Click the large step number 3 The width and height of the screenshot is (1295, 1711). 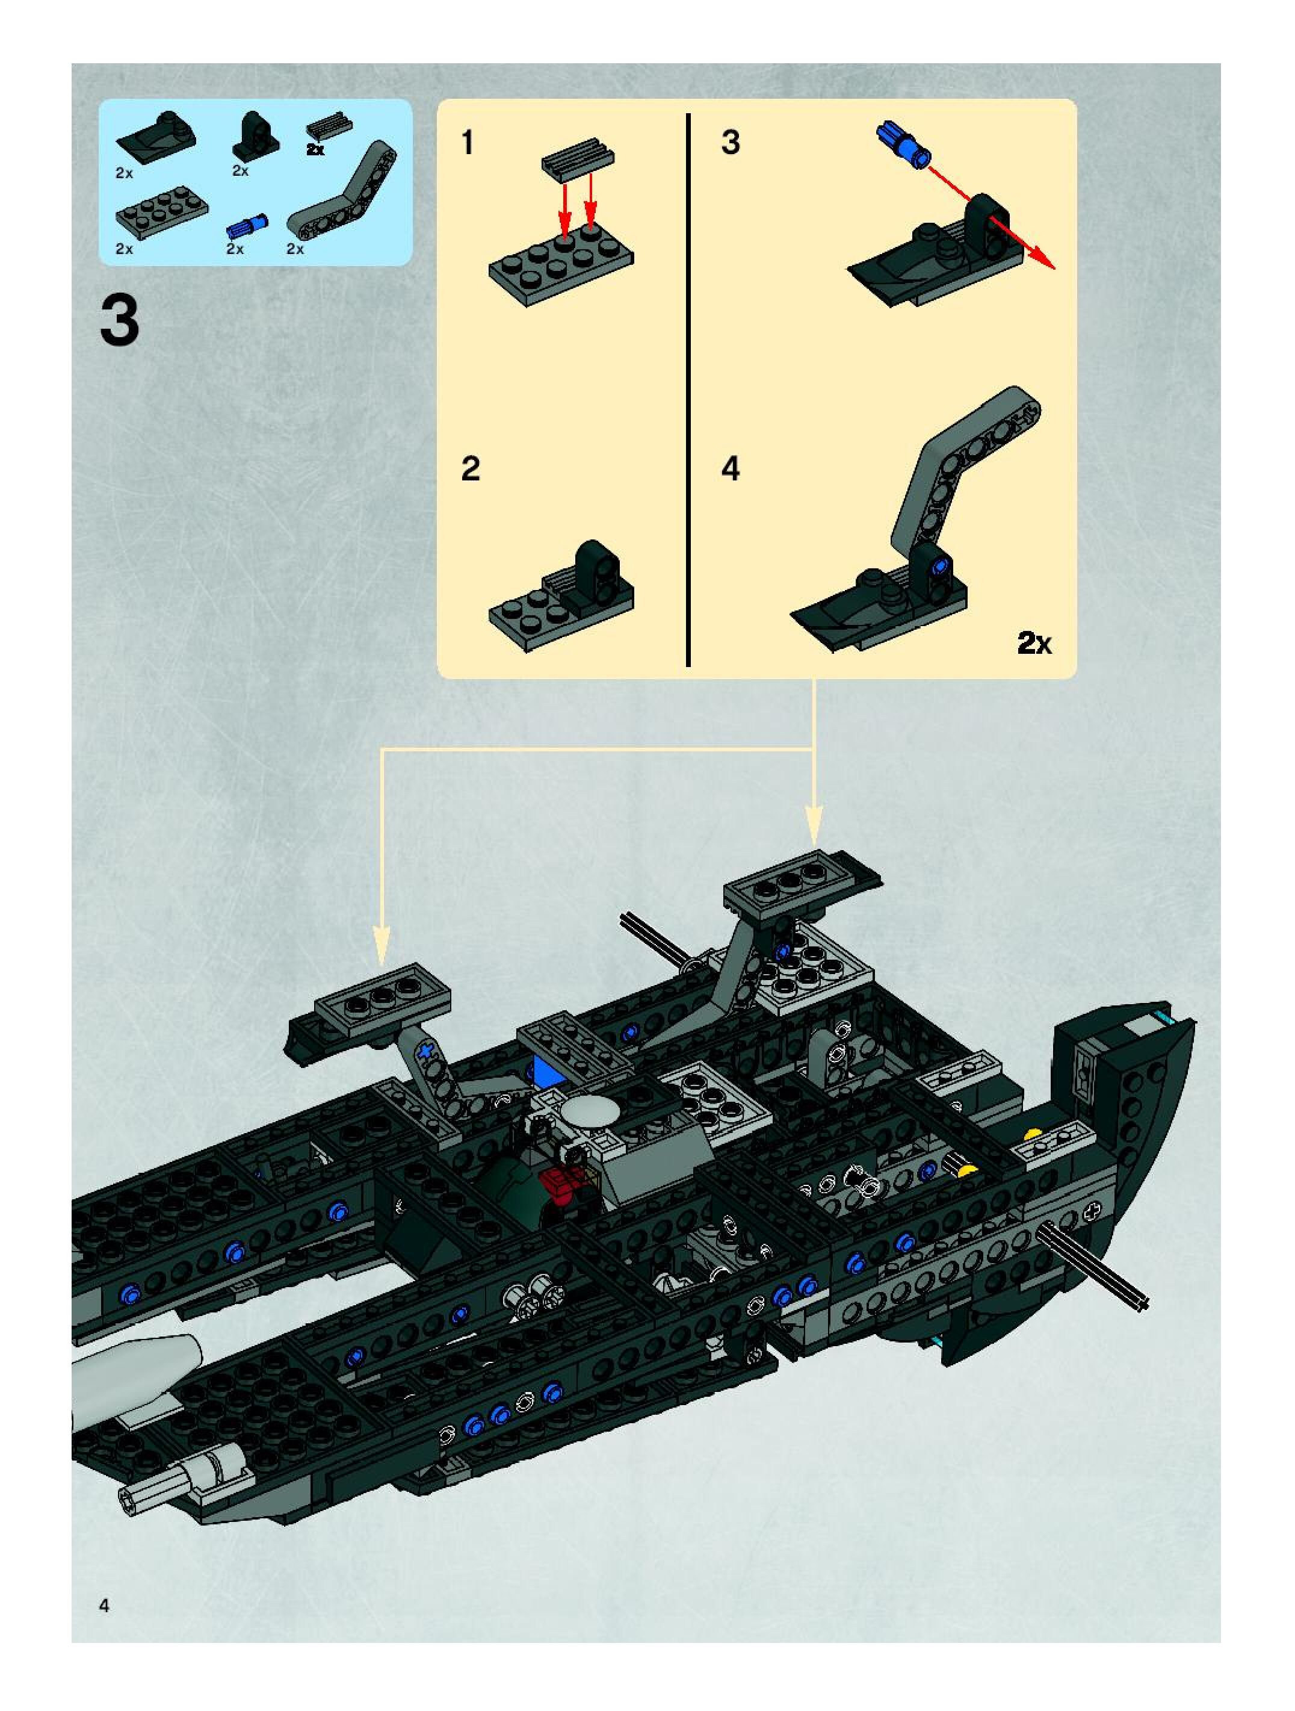[120, 321]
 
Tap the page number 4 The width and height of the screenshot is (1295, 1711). [104, 1606]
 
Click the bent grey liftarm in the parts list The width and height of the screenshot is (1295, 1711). [342, 190]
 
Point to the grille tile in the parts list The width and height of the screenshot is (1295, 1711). [329, 125]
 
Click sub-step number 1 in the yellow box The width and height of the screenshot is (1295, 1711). [468, 143]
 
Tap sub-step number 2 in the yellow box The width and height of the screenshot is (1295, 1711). [470, 469]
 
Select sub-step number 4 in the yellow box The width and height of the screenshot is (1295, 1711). [731, 469]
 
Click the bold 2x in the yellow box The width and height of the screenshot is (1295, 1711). [1034, 643]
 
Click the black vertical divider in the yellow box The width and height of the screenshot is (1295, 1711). [687, 389]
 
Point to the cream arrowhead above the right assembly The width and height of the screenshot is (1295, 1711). [814, 824]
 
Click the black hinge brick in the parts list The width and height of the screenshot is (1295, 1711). [255, 136]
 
